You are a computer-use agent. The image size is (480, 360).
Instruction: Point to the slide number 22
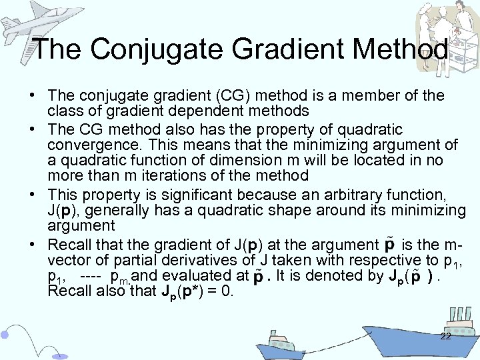coord(446,336)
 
